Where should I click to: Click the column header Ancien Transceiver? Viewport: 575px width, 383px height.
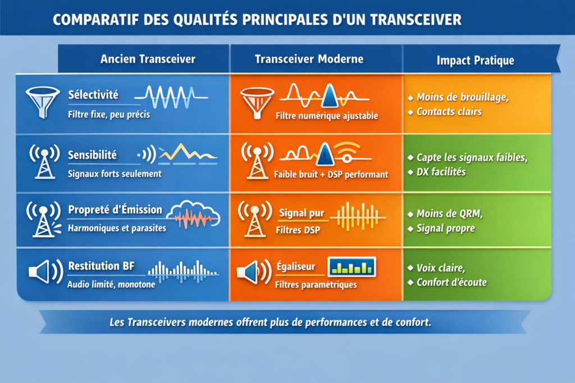pos(148,59)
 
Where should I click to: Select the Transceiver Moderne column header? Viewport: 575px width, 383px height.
pos(309,59)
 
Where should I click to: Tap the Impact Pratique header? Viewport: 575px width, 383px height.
pos(475,61)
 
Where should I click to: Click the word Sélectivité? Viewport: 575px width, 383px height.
pos(93,95)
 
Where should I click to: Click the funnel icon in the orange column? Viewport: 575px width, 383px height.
pos(257,103)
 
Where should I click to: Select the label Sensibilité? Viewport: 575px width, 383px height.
pos(92,155)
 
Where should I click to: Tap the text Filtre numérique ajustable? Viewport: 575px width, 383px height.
pos(327,116)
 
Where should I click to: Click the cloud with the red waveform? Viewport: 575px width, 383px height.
pos(194,215)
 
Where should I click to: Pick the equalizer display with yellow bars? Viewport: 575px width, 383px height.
pos(352,267)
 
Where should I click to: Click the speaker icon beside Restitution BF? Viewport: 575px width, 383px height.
pos(45,271)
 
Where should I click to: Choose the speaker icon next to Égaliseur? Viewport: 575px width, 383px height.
pos(254,272)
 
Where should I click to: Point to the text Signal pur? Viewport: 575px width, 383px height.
pos(302,213)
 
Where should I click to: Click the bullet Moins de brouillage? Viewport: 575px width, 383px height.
pos(463,97)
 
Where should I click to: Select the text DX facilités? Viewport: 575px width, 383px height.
pos(441,172)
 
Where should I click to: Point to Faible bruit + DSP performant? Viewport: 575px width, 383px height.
pos(331,174)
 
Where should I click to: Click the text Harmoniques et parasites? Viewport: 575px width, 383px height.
pos(117,228)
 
